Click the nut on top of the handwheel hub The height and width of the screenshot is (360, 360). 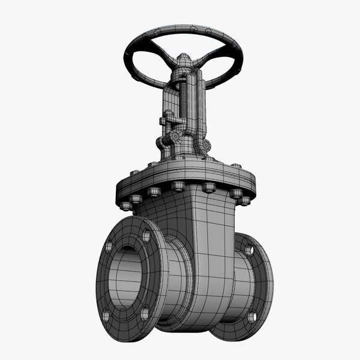(x=184, y=58)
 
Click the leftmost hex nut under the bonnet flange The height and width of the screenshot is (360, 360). (x=125, y=205)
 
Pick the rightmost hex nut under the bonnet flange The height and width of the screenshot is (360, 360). (x=245, y=199)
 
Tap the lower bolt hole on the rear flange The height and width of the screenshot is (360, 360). (x=253, y=316)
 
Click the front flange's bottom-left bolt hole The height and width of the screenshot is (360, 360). (x=106, y=314)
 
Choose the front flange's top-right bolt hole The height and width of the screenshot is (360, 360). (x=146, y=236)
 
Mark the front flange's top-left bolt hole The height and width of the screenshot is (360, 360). (x=109, y=247)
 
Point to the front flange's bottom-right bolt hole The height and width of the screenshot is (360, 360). (x=145, y=313)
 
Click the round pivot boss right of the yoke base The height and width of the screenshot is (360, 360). (x=206, y=145)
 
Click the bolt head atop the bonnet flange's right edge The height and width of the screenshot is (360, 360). (x=236, y=166)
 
